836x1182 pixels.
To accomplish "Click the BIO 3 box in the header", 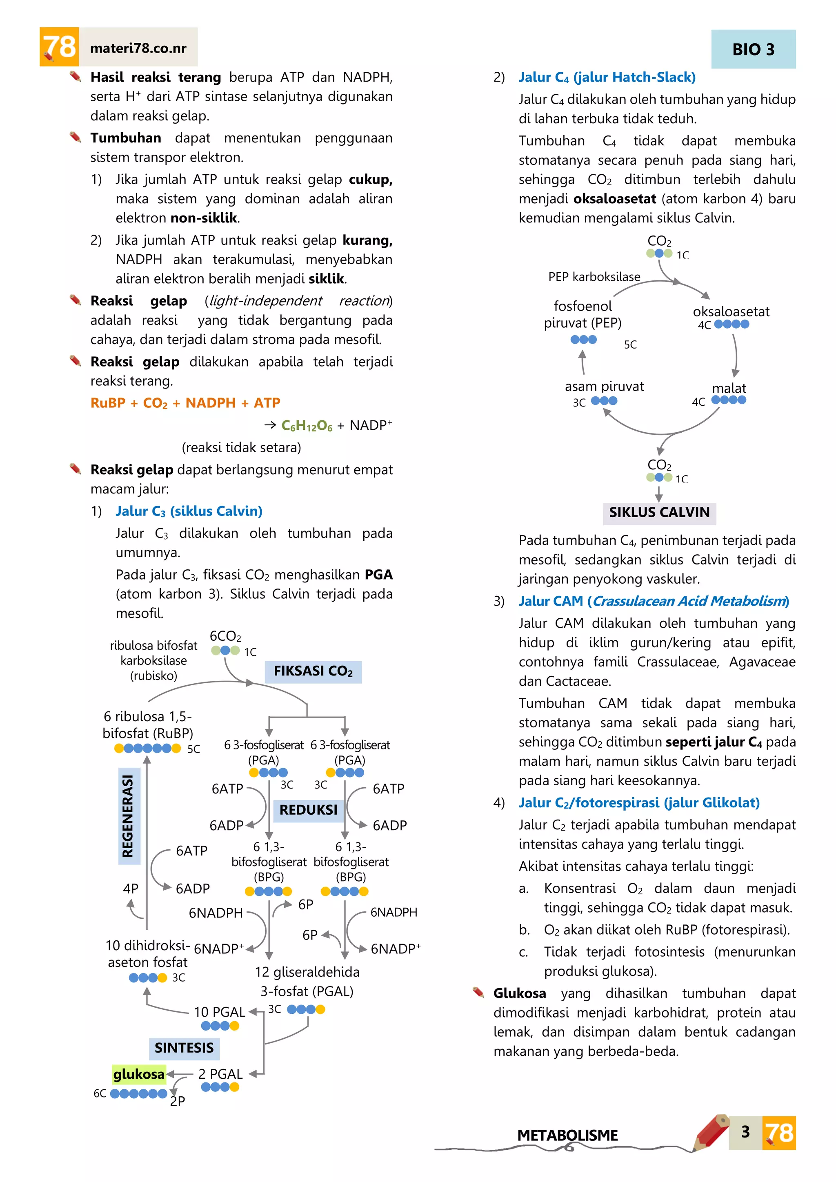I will (753, 49).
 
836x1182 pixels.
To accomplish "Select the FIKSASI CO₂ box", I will (313, 671).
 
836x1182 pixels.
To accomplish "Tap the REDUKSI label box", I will (308, 810).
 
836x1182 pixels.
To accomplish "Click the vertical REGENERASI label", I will (128, 816).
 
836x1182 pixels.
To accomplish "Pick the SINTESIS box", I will (184, 1048).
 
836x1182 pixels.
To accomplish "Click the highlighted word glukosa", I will (138, 1074).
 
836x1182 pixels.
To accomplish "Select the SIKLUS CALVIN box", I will (659, 512).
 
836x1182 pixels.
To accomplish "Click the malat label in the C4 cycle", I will (729, 388).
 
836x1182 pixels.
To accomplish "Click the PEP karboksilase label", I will (594, 277).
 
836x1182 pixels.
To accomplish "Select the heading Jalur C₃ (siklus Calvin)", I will (189, 511).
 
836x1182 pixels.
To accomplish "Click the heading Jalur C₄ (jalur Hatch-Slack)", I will (607, 77).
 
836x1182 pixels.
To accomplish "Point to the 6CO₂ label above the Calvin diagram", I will (225, 636).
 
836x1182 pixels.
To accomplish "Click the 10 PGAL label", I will (219, 1012).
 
